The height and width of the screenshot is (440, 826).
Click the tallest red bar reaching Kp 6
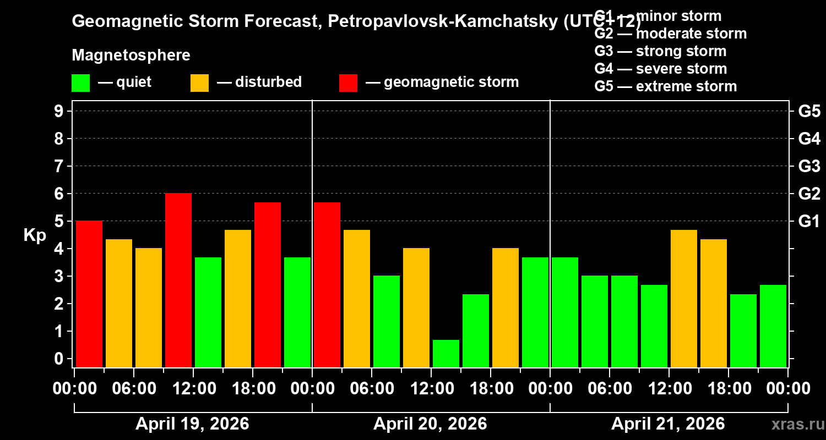(x=178, y=280)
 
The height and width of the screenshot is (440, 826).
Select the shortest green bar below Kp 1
(x=446, y=353)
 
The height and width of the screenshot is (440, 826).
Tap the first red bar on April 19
(x=89, y=294)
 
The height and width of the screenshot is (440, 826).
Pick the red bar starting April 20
(x=327, y=284)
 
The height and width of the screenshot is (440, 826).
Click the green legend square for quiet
(x=80, y=83)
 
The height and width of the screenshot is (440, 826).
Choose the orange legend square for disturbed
(x=199, y=83)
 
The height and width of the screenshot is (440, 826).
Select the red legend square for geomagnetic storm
(x=348, y=83)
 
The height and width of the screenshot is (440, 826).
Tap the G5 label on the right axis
(x=809, y=112)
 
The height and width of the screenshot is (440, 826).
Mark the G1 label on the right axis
(x=809, y=222)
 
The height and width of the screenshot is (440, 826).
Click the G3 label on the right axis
(x=809, y=167)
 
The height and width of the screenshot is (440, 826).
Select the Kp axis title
(x=35, y=235)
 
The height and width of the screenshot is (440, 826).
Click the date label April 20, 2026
(x=430, y=424)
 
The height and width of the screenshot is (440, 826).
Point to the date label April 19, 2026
(x=192, y=424)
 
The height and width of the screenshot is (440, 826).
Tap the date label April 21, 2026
(x=668, y=424)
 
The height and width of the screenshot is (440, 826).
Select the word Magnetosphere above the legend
(x=131, y=56)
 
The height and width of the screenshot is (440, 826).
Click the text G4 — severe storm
(x=661, y=69)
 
